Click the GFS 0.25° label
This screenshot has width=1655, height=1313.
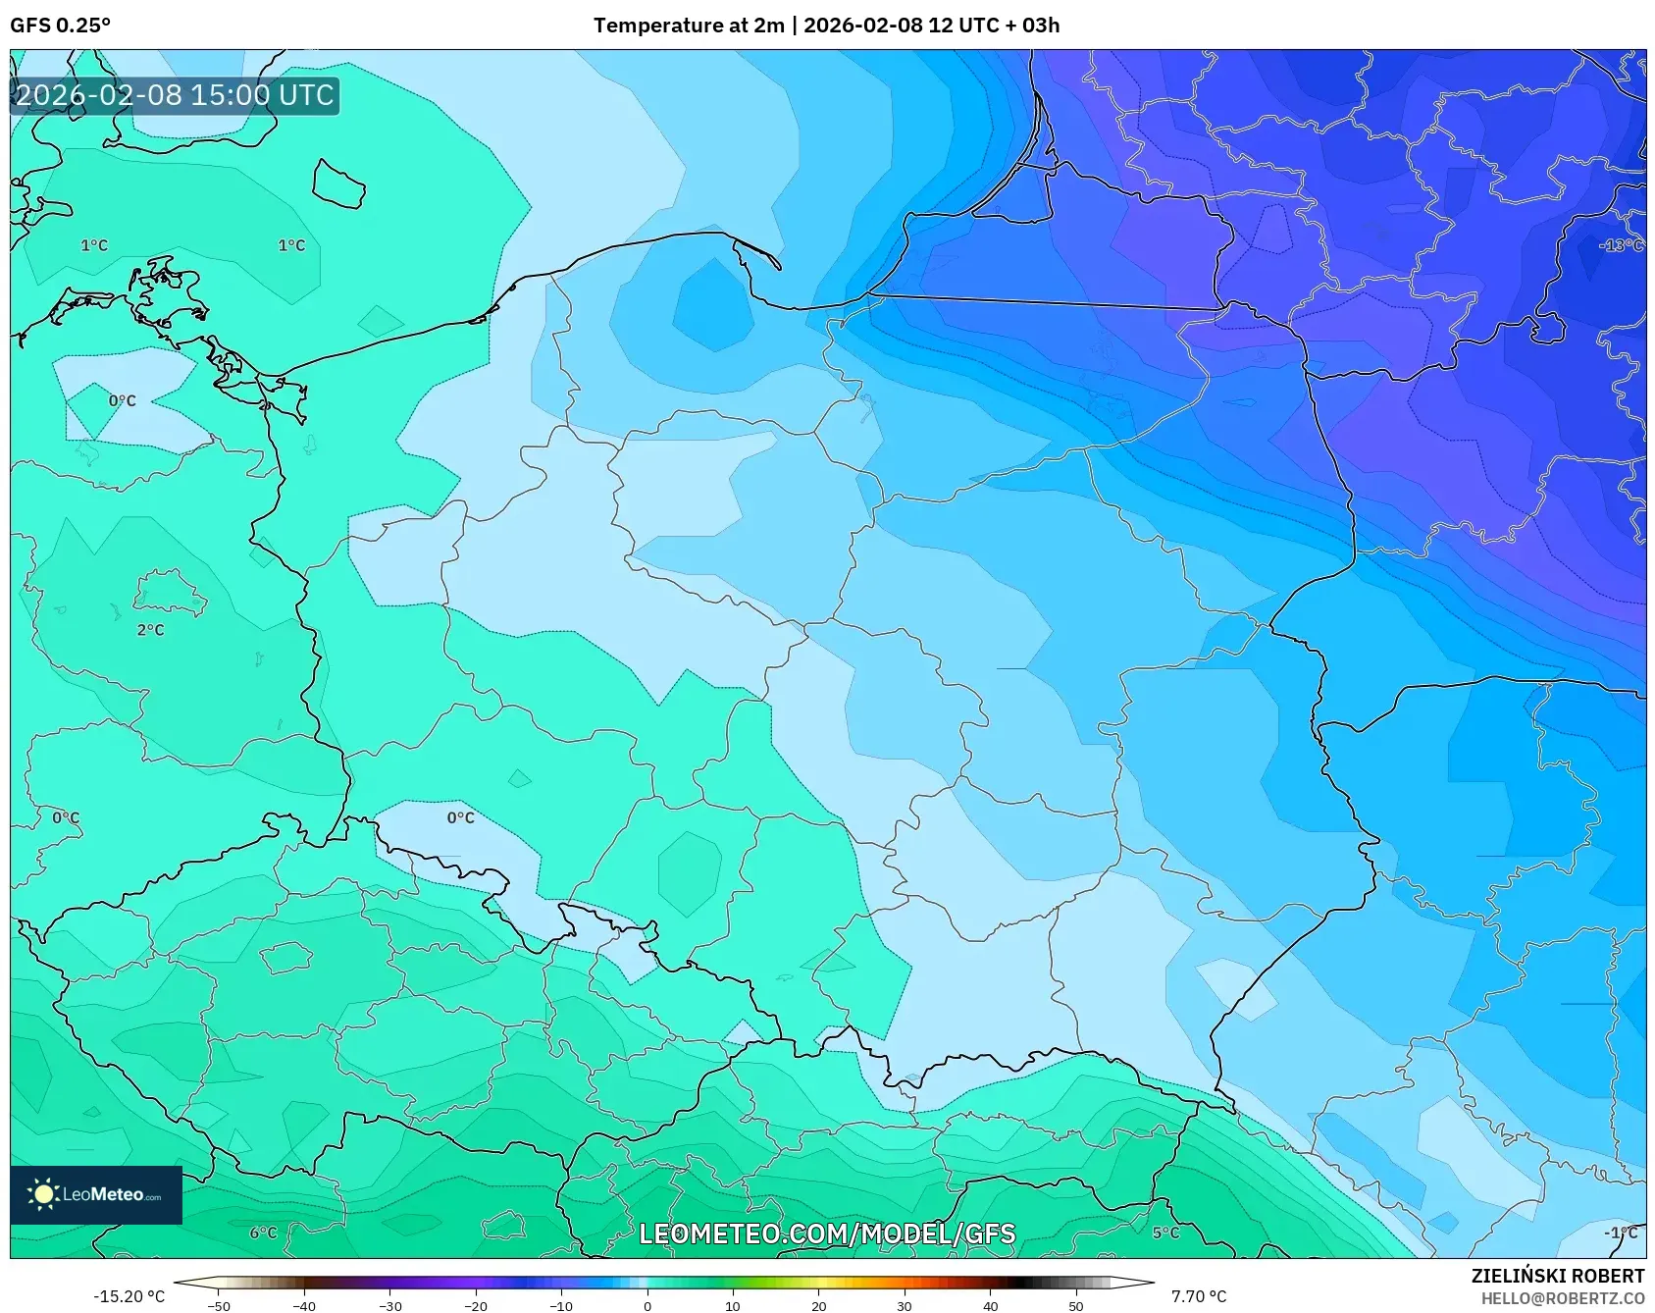coord(60,26)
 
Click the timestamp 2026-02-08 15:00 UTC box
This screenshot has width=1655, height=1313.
coord(175,95)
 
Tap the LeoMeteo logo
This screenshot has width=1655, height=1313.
coord(96,1194)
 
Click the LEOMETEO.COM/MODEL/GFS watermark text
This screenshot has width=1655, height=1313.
coord(827,1234)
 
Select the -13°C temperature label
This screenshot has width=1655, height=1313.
coord(1620,245)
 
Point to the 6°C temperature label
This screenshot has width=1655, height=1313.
coord(263,1233)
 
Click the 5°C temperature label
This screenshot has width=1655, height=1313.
coord(1165,1233)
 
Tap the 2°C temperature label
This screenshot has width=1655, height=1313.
coord(150,630)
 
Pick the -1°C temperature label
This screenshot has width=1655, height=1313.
coord(1620,1233)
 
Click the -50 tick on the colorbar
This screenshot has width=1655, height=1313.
coord(219,1306)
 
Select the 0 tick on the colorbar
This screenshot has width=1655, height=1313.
coord(646,1306)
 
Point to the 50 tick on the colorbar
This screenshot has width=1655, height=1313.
coord(1076,1306)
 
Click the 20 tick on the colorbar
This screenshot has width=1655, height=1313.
coord(818,1306)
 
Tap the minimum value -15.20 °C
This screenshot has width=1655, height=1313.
coord(129,1296)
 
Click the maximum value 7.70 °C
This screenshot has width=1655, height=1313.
coord(1198,1296)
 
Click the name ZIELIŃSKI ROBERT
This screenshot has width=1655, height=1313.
coord(1557,1276)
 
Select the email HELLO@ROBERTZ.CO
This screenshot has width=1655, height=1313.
coord(1562,1298)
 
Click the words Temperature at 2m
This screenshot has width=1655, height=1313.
coord(688,26)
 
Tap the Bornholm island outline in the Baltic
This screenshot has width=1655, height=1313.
coord(338,184)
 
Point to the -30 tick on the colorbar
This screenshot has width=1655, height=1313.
coord(390,1306)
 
